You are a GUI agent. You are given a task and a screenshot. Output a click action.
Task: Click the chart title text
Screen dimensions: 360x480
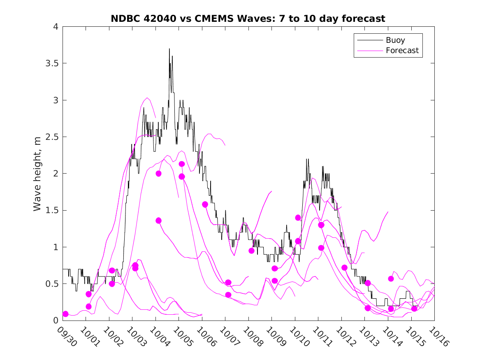248,19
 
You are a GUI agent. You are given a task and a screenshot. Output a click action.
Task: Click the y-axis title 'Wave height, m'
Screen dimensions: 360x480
37,174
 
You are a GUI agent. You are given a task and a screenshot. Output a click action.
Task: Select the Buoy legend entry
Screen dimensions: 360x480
395,40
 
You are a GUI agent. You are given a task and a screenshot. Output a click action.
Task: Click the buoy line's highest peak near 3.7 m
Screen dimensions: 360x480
169,49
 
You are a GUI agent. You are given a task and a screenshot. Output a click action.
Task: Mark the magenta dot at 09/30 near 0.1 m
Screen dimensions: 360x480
65,314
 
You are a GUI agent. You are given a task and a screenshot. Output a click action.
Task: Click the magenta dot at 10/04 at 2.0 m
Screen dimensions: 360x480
158,174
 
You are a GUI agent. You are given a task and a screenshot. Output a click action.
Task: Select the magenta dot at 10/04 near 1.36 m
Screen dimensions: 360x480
158,221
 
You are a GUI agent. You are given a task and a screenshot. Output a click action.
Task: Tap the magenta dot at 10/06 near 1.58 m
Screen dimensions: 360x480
205,204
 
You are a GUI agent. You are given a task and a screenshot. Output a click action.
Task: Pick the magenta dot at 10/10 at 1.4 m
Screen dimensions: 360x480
298,218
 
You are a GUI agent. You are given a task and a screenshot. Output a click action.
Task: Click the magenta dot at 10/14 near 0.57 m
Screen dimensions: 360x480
391,279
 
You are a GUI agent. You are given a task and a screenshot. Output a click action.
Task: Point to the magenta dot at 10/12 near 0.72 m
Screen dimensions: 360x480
344,267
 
